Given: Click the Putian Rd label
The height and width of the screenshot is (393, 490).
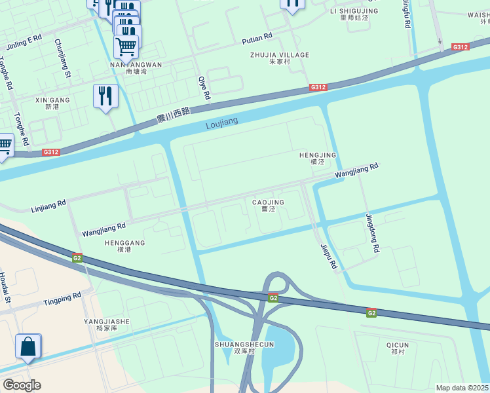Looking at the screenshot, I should [257, 39].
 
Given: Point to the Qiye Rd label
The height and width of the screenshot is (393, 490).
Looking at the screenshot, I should [204, 87].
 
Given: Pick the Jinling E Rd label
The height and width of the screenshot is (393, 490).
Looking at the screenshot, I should [24, 45].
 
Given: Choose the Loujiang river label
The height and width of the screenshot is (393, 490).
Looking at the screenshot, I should [222, 123].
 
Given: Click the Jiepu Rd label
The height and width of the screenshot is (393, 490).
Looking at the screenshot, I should [328, 257].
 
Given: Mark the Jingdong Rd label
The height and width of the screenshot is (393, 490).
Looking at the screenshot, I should [372, 233].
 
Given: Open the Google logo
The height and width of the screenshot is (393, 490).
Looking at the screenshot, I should [22, 385].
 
